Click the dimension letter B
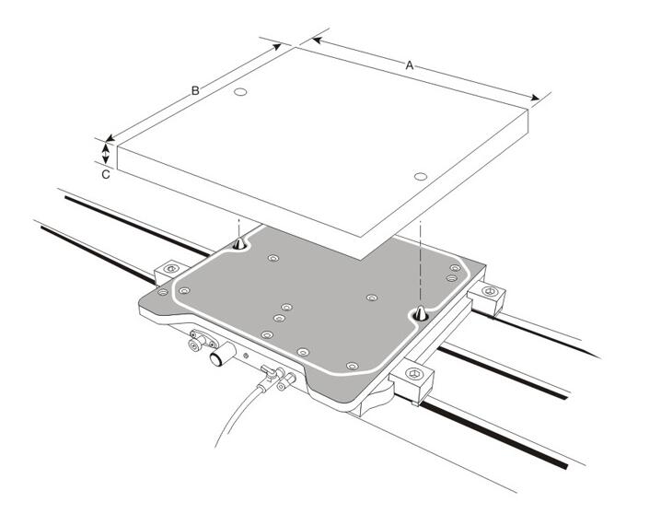pyautogui.click(x=195, y=90)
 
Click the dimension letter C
pyautogui.click(x=107, y=172)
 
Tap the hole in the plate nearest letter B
pyautogui.click(x=240, y=93)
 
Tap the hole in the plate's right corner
pyautogui.click(x=420, y=176)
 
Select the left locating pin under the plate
pyautogui.click(x=239, y=244)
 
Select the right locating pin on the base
pyautogui.click(x=419, y=313)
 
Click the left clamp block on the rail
pyautogui.click(x=169, y=270)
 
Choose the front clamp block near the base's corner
pyautogui.click(x=412, y=380)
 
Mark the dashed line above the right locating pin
pyautogui.click(x=419, y=258)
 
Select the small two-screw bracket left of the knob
pyautogui.click(x=195, y=343)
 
